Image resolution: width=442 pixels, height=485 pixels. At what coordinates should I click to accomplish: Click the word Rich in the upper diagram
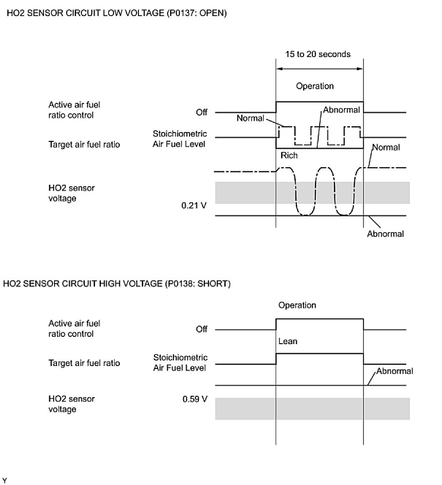(289, 156)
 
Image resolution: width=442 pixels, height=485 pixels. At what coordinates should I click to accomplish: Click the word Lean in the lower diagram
(288, 341)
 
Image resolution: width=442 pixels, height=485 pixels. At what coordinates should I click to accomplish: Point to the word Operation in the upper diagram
(315, 86)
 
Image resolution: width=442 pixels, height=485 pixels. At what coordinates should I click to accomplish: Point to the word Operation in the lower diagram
(297, 306)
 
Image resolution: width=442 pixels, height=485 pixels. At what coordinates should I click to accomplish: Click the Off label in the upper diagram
(201, 113)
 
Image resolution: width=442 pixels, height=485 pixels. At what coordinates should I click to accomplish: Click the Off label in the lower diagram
(201, 330)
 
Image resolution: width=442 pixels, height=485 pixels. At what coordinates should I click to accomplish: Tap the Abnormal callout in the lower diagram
(394, 371)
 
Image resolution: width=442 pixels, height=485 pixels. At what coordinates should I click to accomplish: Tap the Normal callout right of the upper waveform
(386, 147)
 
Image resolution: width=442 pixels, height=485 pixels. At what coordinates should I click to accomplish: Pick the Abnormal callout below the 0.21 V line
(385, 234)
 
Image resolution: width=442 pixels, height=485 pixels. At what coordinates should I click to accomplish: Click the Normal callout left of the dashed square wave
(250, 118)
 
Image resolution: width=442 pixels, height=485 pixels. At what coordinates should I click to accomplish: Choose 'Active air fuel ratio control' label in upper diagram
(71, 110)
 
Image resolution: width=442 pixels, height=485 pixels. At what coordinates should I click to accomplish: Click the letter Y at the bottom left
(5, 481)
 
